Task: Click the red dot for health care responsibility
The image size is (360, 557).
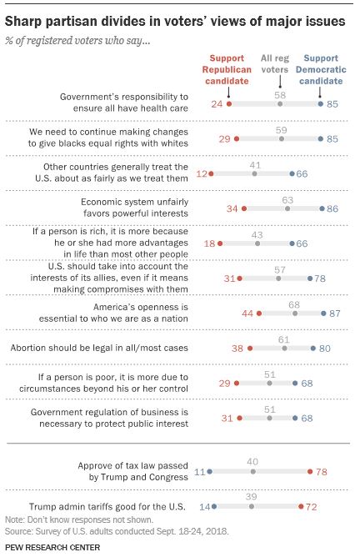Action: pos(229,103)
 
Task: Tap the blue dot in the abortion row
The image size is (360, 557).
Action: pos(312,349)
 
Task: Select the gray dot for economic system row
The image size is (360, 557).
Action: pos(287,208)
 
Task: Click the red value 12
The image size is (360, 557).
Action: pos(202,173)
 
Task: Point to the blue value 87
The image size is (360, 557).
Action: pos(335,314)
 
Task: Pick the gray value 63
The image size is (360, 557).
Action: pos(287,200)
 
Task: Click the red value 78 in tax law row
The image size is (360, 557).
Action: pos(322,472)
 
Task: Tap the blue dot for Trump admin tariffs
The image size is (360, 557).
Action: pos(213,507)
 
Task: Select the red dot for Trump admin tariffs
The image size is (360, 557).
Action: pos(301,507)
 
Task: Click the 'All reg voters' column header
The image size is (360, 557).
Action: pos(275,64)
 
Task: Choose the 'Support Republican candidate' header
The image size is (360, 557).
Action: pos(227,70)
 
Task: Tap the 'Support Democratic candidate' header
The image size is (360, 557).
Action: pos(321,70)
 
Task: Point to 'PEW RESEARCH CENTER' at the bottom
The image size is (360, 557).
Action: pos(52,547)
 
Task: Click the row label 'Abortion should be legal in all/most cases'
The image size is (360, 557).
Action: pos(99,348)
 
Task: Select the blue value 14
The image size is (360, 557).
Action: pos(205,507)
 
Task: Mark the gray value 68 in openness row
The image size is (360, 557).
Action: pos(294,305)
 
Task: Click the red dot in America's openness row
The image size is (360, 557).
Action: pos(259,314)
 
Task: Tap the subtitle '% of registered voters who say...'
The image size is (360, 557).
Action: pos(77,41)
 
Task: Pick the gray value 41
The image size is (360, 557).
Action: pos(255,165)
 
